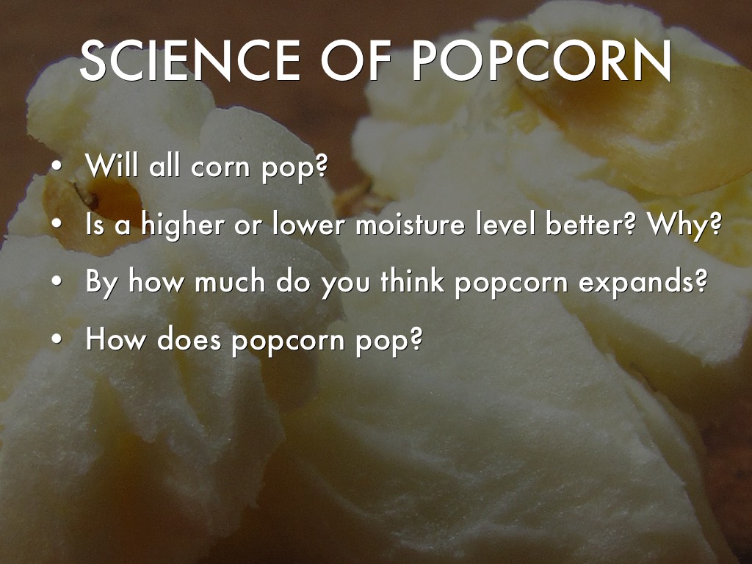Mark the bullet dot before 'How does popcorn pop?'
tap(57, 340)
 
